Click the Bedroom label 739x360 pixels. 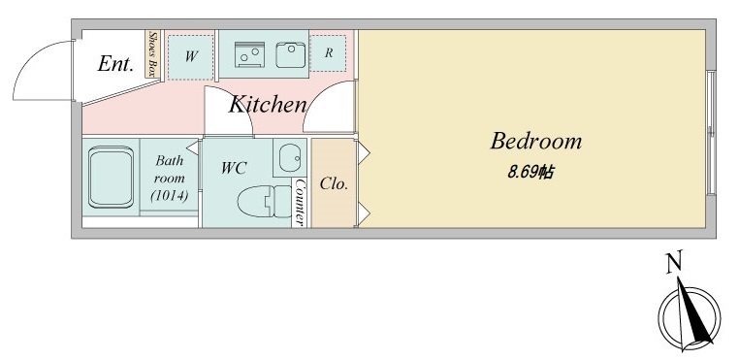[x=536, y=142]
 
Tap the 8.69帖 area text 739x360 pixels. [x=530, y=172]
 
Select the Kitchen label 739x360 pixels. [x=268, y=104]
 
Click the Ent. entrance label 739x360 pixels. [x=115, y=64]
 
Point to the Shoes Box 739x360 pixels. [x=152, y=53]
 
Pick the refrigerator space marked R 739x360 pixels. [x=328, y=53]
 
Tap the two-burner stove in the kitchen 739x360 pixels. [x=250, y=54]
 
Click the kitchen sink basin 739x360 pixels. [x=291, y=54]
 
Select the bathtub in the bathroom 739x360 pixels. [x=111, y=177]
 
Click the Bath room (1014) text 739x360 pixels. [x=169, y=178]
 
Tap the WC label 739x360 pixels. [x=234, y=168]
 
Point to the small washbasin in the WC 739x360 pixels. [x=289, y=157]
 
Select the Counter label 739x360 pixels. [x=300, y=203]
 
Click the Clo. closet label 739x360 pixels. [x=334, y=183]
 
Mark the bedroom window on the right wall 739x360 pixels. [x=711, y=133]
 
